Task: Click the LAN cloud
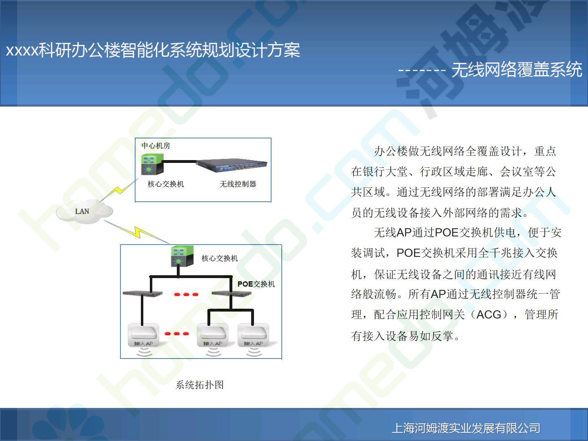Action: (84, 212)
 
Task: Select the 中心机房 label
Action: (156, 146)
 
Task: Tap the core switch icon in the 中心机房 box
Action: (152, 164)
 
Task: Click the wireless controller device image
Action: (232, 165)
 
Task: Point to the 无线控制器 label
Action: (238, 184)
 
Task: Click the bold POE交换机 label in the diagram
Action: (256, 284)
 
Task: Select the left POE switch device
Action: (143, 293)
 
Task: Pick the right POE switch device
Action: (232, 293)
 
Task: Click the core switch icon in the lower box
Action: (183, 256)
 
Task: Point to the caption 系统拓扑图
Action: (200, 385)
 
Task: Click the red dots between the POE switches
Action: (186, 294)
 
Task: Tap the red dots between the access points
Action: (176, 334)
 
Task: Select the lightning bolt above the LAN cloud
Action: (119, 190)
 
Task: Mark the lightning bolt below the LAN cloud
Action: (136, 232)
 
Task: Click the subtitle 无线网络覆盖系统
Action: (517, 69)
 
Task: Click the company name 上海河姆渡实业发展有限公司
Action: (466, 428)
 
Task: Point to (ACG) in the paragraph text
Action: (489, 314)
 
